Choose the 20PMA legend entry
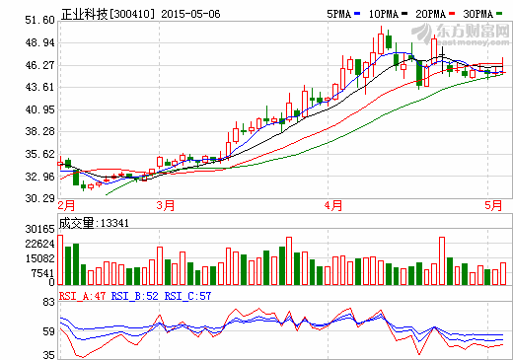[x=431, y=15]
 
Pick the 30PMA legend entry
[x=479, y=15]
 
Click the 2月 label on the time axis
[x=67, y=206]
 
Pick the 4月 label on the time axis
[x=334, y=206]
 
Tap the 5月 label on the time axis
[x=491, y=206]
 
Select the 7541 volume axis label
[x=42, y=274]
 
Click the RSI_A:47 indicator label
[x=82, y=295]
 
